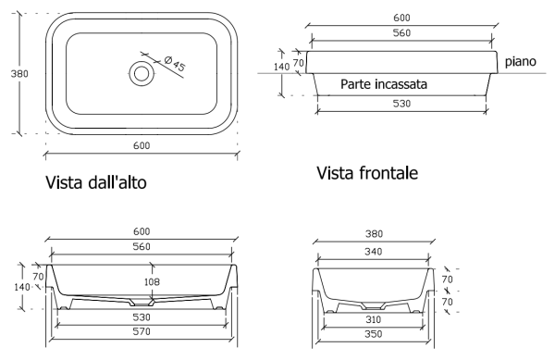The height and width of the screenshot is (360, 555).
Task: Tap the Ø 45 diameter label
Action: click(175, 63)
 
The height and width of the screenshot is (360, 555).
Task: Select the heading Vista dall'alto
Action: click(96, 182)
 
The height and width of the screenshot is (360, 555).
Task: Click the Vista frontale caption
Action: click(367, 173)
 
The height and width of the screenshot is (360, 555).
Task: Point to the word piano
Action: click(520, 62)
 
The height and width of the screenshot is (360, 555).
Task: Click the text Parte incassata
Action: click(384, 84)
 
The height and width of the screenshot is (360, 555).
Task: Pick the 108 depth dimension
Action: click(152, 281)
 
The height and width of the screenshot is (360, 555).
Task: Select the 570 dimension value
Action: click(142, 331)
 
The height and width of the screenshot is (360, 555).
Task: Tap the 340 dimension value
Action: click(374, 252)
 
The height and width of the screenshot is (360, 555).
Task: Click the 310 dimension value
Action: click(374, 319)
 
